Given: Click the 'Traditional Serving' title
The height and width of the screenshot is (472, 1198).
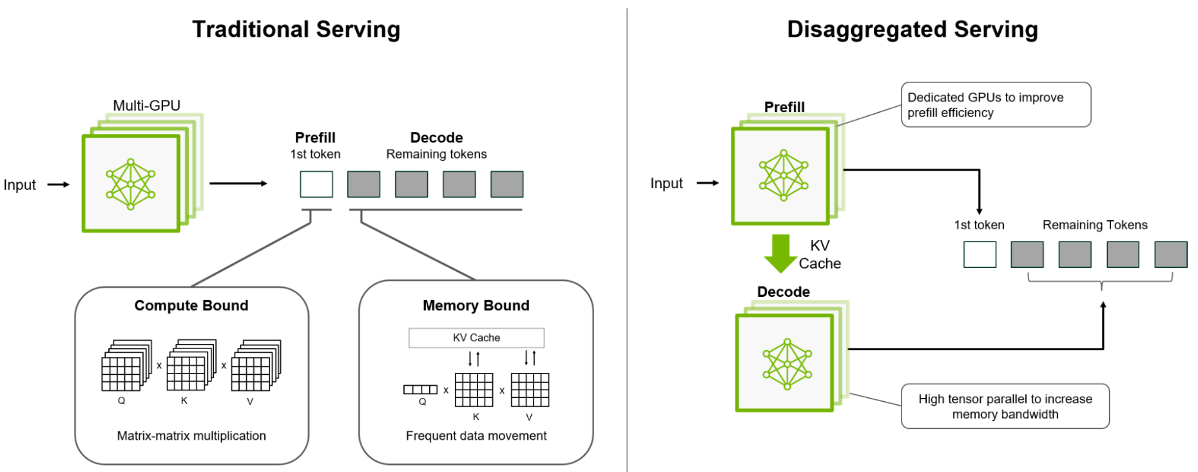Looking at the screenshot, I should click(x=296, y=30).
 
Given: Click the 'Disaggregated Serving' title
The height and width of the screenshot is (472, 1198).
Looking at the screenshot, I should click(x=912, y=30).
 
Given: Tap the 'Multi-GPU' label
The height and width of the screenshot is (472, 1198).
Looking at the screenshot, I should click(x=146, y=106).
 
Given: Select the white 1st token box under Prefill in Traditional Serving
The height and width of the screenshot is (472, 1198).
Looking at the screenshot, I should click(x=316, y=184).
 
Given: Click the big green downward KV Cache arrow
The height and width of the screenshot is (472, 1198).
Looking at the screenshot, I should click(x=780, y=253).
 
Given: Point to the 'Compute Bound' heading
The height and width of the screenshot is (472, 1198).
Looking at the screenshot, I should click(x=191, y=306).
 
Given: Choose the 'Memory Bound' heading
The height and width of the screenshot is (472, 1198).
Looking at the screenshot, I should click(x=476, y=306).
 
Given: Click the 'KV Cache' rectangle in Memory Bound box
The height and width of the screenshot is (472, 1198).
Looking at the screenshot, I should click(x=476, y=337).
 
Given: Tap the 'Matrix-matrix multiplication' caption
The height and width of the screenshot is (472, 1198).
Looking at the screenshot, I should click(x=191, y=436).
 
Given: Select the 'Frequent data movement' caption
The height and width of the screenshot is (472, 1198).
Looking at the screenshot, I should click(x=476, y=436).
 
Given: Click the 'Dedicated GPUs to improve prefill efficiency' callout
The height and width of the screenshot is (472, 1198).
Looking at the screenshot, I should click(x=995, y=105).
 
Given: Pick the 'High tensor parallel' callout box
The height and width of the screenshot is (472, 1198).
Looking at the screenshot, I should click(x=1005, y=406).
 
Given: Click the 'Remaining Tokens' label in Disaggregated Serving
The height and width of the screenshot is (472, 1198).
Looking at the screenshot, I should click(x=1095, y=225).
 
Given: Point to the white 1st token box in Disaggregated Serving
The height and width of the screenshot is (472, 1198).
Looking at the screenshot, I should click(x=980, y=254).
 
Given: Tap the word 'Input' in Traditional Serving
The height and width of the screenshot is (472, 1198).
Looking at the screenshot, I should click(x=20, y=185).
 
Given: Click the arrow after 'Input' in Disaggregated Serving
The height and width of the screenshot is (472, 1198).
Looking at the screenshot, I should click(x=708, y=184).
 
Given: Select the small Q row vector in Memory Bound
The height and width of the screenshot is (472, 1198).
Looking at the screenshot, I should click(x=420, y=390).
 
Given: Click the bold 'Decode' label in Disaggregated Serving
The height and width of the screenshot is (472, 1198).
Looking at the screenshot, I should click(x=783, y=292).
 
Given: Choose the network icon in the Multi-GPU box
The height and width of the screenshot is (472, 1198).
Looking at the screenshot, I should click(x=131, y=184).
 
